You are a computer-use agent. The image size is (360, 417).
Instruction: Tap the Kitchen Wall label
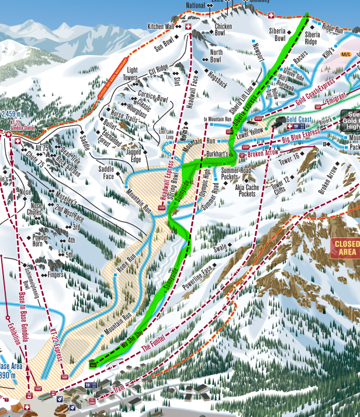pos(160,26)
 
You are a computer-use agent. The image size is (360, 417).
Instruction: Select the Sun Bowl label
pos(165,42)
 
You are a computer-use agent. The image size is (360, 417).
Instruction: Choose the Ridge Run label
pos(332,28)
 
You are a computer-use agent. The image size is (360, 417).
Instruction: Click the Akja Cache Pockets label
pos(246,191)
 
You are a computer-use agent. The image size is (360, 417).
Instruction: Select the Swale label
pos(220,248)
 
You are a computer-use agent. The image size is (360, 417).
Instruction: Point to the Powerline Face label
pos(199,274)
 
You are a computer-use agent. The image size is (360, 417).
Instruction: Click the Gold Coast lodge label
pos(300,119)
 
